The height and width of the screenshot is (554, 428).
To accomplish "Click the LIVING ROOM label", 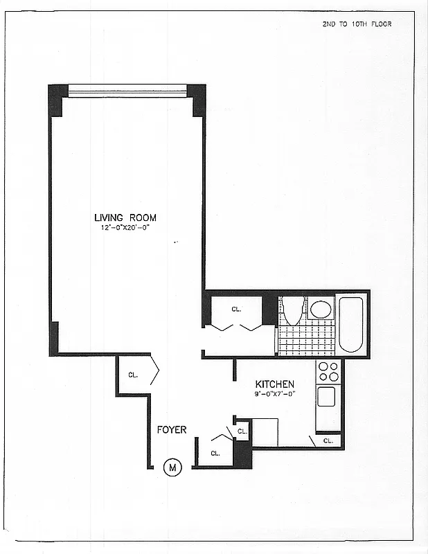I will coord(125,217).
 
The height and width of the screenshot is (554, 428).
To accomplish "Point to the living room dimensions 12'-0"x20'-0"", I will coord(125,227).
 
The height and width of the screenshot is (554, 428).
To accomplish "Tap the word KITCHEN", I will coord(275,384).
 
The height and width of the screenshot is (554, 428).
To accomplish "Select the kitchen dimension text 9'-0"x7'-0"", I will coord(275,394).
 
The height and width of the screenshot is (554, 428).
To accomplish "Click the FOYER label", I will coord(171,430).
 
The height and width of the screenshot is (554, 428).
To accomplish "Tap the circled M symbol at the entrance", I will coord(172,468).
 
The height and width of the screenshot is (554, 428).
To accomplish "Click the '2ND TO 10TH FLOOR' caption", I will coord(357,24).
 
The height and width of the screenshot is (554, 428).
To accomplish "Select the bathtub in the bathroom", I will coord(352,323).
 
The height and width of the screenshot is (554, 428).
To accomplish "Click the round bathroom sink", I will coord(320,309).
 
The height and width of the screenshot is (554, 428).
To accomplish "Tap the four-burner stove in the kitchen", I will coord(328,372).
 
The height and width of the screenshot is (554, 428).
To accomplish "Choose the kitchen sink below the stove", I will coord(326,397).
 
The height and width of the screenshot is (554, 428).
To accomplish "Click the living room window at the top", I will coord(127,90).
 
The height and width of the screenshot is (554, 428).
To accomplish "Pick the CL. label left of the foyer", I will coord(132,375).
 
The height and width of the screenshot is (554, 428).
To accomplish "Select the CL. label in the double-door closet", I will coord(235,309).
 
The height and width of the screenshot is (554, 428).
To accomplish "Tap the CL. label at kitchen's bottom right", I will coord(328,440).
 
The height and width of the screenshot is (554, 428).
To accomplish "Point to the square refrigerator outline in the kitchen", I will coord(265,433).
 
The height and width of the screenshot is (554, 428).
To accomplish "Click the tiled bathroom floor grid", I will coord(305,339).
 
